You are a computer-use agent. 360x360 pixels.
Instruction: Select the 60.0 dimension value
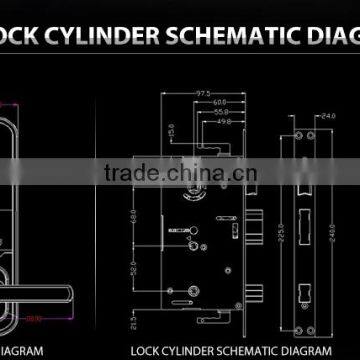coord(213,103)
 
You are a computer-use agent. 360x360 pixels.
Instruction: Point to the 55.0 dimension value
coord(217,113)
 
